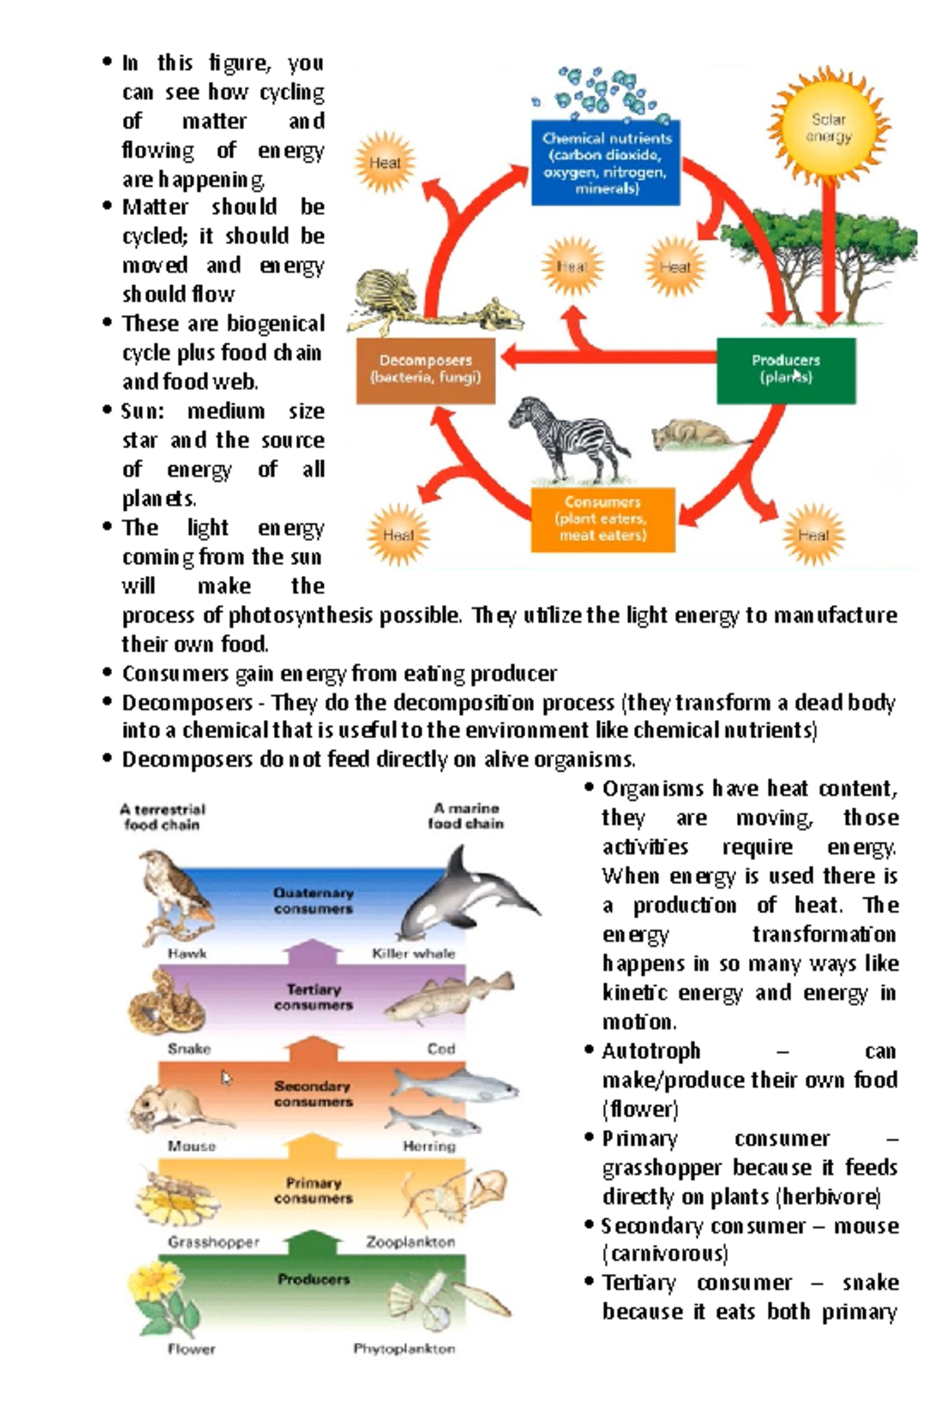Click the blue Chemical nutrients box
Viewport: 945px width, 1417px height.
tap(605, 162)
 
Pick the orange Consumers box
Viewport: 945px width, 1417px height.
tap(602, 519)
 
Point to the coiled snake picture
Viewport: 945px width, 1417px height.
tap(167, 1002)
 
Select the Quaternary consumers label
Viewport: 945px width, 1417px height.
tap(313, 900)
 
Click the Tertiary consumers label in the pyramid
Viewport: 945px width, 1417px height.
tap(313, 996)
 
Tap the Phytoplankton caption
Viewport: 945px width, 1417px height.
tap(404, 1348)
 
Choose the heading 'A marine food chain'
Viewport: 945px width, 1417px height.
tap(465, 816)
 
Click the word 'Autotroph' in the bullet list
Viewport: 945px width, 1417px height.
tap(651, 1051)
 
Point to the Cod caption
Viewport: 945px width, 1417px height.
tap(441, 1048)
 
